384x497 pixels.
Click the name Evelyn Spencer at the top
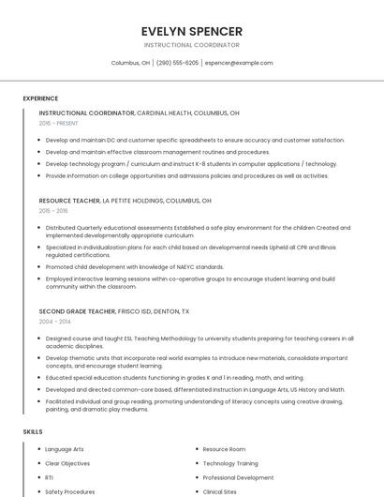191,31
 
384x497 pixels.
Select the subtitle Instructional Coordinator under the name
191,45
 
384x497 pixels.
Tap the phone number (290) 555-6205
177,63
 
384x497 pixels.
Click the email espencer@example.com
239,63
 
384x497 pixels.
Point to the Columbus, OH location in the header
131,63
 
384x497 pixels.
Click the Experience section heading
40,98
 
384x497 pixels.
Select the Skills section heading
33,431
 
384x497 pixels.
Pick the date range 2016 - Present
58,123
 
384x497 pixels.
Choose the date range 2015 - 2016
53,211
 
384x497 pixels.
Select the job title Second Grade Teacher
77,310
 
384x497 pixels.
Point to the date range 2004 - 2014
53,321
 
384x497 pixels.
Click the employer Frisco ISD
137,310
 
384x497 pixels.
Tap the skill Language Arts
65,449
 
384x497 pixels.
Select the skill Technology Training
230,463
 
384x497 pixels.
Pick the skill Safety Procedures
69,491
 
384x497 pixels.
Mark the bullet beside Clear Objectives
38,463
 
